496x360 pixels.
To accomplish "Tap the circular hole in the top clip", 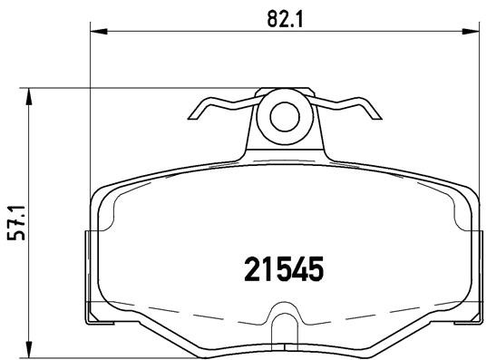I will (x=285, y=116).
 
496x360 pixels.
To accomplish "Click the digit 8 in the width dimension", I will (x=273, y=15).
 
